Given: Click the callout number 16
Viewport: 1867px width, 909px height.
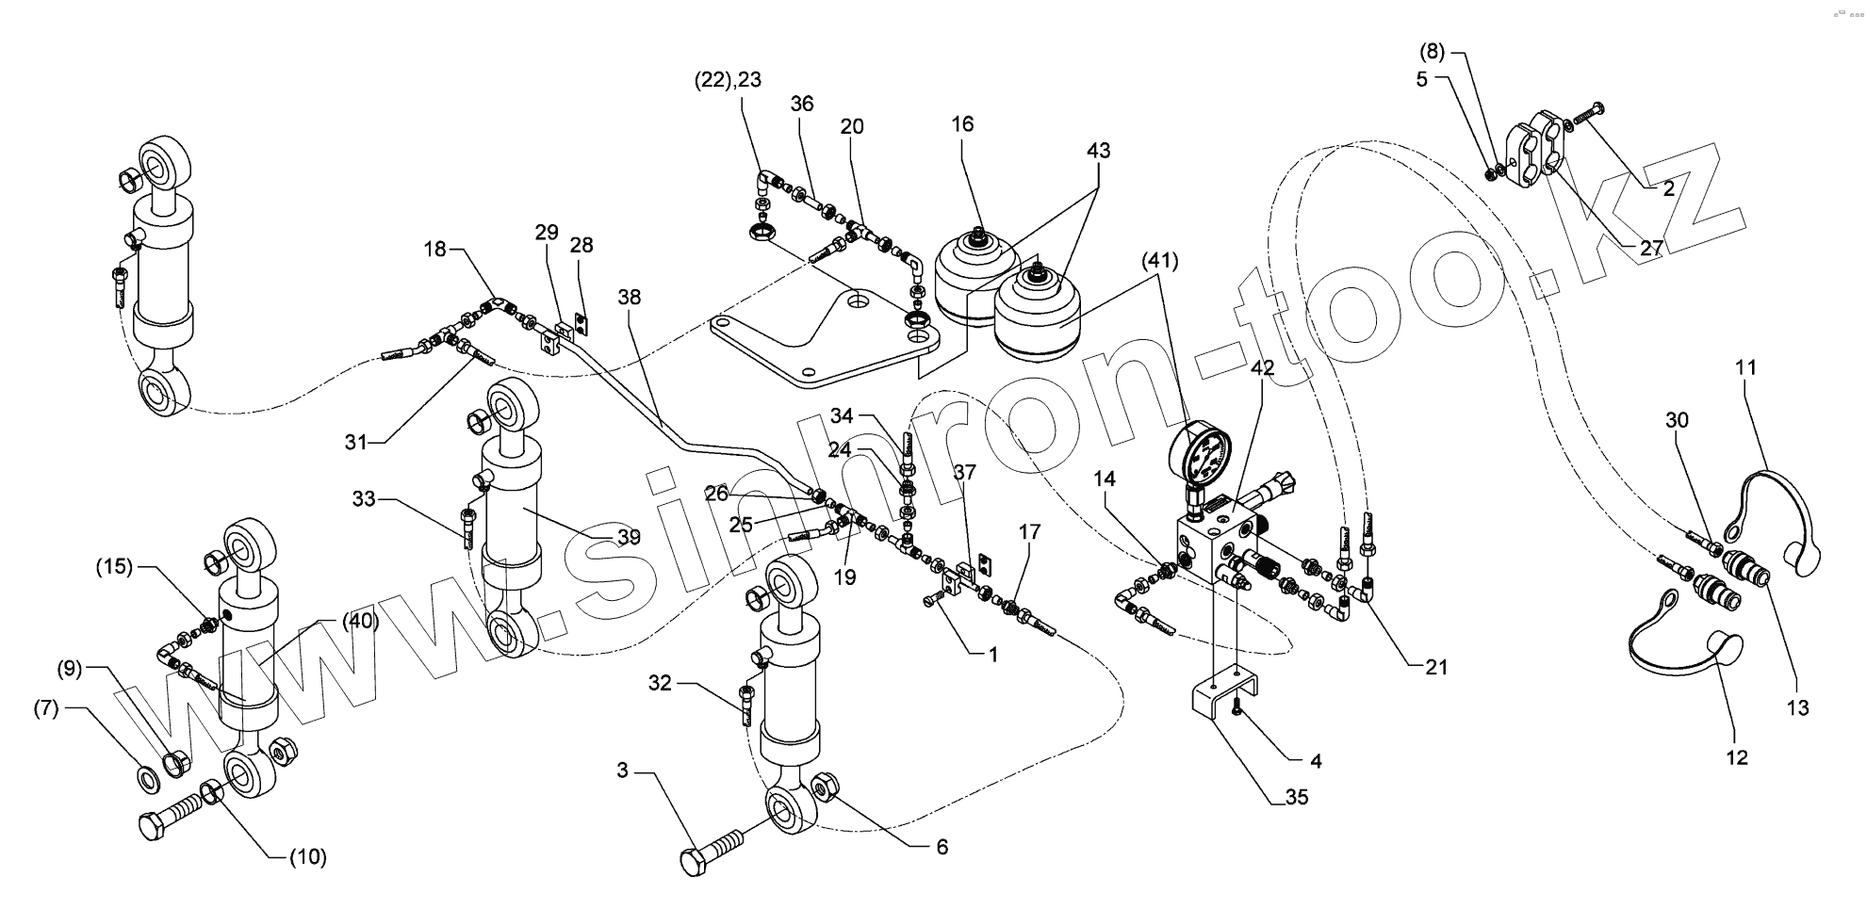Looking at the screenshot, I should coord(962,124).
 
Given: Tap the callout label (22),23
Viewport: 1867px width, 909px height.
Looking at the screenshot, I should coord(728,81).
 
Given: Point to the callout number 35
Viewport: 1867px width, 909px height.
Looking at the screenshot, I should coord(1296,797).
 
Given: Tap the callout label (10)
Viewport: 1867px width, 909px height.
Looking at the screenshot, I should coord(306,857).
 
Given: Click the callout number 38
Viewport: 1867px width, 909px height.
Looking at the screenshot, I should coord(629,298).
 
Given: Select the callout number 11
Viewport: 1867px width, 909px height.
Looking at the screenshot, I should coord(1746,367).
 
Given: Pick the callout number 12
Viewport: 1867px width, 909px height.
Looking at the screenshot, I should coord(1736,757).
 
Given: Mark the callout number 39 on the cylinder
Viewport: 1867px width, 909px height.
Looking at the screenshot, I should coord(629,537).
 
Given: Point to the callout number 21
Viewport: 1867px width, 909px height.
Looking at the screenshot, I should coord(1435,668).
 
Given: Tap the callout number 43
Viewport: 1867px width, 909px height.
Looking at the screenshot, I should coord(1098,151).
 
